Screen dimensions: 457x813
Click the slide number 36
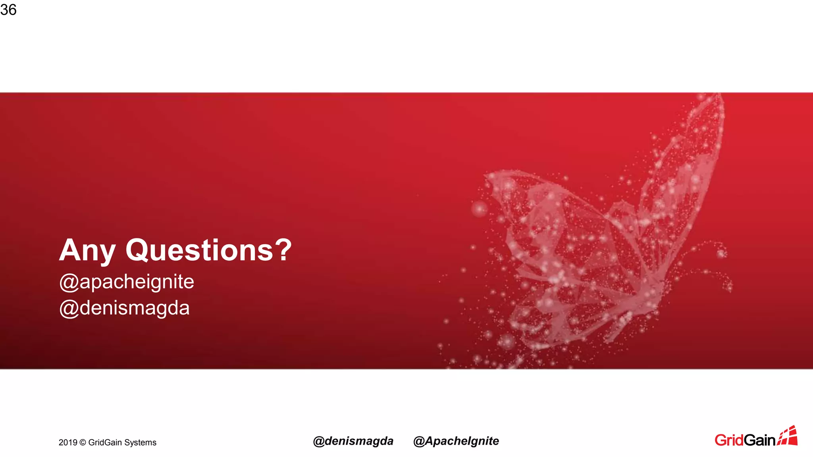click(x=8, y=10)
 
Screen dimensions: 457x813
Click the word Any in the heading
click(x=87, y=251)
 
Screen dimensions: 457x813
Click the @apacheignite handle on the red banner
click(x=127, y=282)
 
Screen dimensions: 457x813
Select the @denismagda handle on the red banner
click(x=124, y=308)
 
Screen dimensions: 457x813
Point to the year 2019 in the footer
click(x=67, y=442)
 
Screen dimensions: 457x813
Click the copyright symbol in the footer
click(x=83, y=442)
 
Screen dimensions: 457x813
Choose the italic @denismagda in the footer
click(x=353, y=441)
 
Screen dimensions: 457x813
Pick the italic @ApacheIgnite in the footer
click(x=456, y=441)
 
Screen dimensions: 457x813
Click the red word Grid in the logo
click(x=729, y=440)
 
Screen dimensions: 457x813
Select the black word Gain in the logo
click(x=759, y=440)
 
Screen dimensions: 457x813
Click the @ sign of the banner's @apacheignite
click(x=69, y=282)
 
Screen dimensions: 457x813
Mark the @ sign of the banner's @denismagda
click(x=69, y=309)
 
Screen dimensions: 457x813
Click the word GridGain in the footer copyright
click(x=105, y=442)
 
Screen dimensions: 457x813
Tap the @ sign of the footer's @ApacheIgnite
click(x=419, y=442)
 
